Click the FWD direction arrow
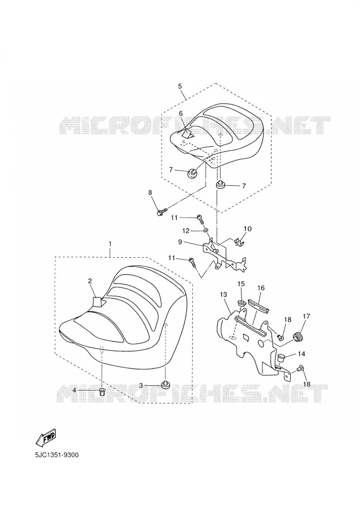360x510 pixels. point(46,437)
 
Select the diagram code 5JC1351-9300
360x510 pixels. point(56,455)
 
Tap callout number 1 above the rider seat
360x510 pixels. point(110,244)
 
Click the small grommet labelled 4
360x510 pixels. point(102,392)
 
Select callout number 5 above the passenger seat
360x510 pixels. point(180,86)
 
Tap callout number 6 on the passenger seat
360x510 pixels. point(181,113)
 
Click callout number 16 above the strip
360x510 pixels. point(261,288)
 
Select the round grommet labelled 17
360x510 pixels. point(298,336)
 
